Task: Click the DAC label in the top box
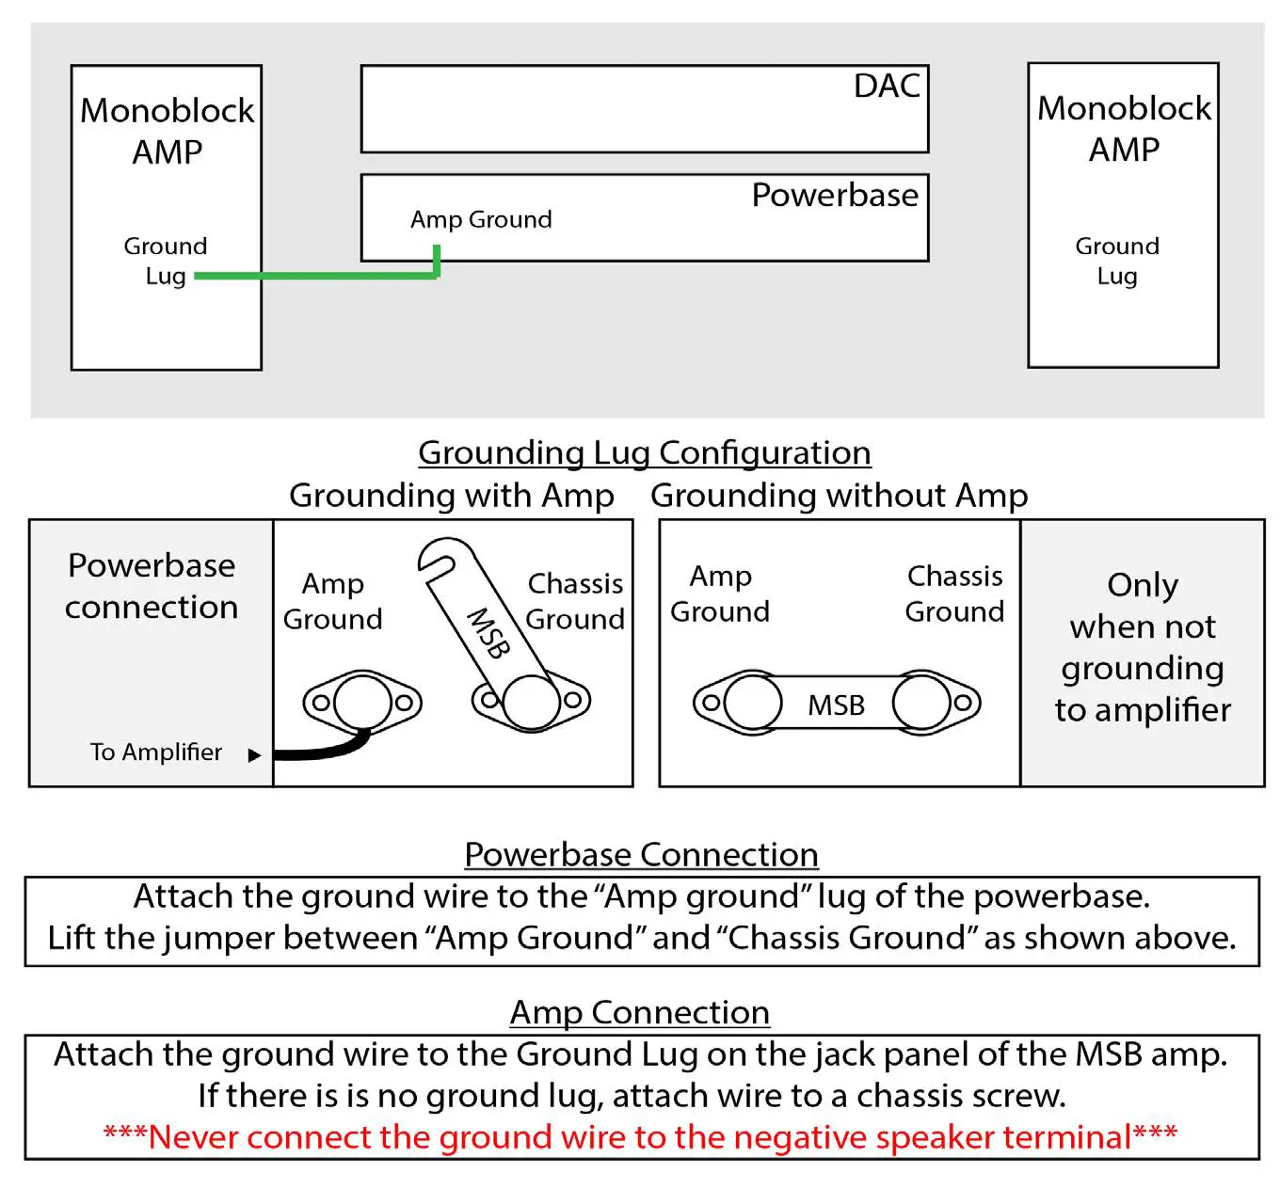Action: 886,86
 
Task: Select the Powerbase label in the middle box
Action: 834,195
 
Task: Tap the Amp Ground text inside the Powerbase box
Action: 481,219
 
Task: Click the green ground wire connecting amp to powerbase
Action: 320,276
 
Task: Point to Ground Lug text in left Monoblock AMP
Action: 165,261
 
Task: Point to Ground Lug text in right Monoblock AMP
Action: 1116,261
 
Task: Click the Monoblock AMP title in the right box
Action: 1124,128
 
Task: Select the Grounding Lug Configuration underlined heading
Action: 644,452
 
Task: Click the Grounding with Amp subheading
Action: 451,495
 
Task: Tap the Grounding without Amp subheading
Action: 839,495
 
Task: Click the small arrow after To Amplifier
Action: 253,754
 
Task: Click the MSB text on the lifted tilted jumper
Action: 489,633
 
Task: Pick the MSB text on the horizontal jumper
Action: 836,705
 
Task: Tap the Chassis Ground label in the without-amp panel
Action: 953,593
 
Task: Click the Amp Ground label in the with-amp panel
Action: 332,600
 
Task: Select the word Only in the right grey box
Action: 1142,584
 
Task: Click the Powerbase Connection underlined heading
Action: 641,854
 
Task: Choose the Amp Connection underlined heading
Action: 639,1012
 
